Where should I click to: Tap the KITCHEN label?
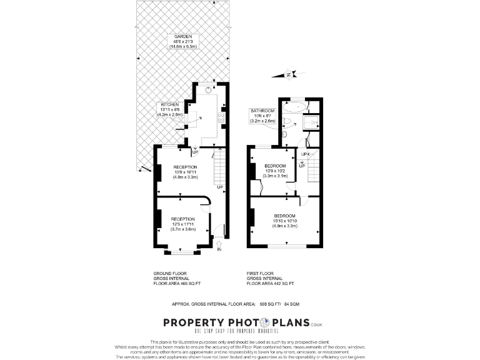tap(170, 104)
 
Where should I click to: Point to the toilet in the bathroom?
tap(284, 132)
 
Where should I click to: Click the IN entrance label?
tap(219, 251)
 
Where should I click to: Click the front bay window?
tap(180, 252)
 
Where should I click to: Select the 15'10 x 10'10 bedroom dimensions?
tap(284, 221)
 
